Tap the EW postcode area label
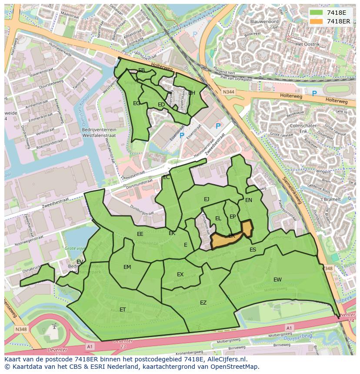(277, 279)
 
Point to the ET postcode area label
(123, 310)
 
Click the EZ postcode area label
(203, 303)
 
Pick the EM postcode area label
(127, 267)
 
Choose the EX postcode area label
(180, 275)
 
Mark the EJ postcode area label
(207, 199)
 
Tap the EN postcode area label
(249, 200)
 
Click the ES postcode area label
(253, 250)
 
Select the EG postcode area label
(137, 103)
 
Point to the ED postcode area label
(161, 105)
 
